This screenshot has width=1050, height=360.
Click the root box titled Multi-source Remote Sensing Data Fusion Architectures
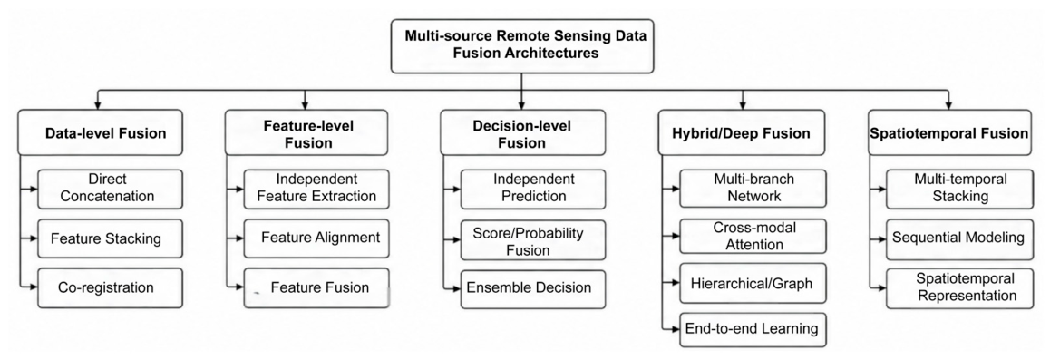pos(522,45)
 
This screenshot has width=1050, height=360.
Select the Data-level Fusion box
pos(100,133)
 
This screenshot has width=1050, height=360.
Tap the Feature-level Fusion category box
pos(307,133)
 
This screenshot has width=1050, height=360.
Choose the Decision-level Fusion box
pos(523,133)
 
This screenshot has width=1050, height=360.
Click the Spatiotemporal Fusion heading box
pos(948,133)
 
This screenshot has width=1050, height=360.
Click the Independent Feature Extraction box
pos(316,188)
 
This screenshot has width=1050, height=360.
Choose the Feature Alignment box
pos(316,238)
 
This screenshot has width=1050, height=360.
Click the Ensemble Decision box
pos(533,288)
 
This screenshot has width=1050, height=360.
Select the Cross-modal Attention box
pos(753,236)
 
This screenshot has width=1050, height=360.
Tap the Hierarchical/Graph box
pos(753,283)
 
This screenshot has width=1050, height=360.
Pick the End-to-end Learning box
pos(753,329)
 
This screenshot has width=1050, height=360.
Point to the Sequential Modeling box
pos(959,238)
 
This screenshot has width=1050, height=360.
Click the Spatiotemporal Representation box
pos(959,288)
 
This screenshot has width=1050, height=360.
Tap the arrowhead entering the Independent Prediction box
pos(457,188)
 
